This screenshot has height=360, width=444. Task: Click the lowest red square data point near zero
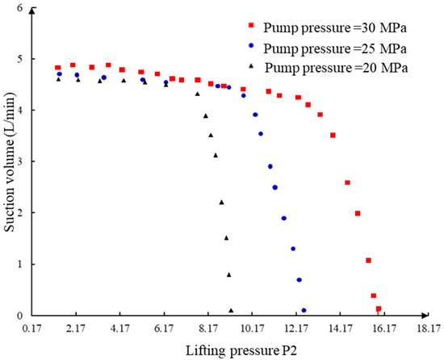pyautogui.click(x=379, y=308)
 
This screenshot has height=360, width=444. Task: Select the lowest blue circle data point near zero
pyautogui.click(x=304, y=310)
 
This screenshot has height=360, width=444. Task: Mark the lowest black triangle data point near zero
pyautogui.click(x=231, y=310)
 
